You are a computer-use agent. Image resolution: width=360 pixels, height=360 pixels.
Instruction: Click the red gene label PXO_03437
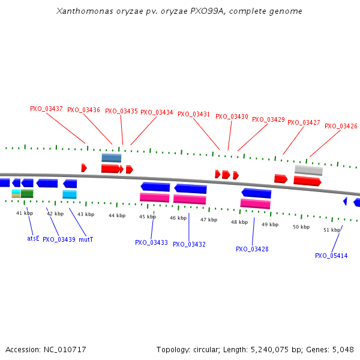46,109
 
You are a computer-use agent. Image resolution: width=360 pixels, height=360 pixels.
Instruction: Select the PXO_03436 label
83,110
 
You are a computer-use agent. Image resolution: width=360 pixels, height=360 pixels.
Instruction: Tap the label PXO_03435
121,112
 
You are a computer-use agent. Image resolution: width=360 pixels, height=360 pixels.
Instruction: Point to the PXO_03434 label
157,113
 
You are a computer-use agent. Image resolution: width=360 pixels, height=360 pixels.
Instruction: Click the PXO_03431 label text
194,115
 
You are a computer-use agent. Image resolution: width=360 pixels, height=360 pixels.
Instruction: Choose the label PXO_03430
232,117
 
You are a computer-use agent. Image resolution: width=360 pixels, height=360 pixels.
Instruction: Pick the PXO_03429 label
268,120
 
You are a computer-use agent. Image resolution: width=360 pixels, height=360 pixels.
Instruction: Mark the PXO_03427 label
304,123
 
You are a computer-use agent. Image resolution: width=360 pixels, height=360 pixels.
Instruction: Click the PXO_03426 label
341,127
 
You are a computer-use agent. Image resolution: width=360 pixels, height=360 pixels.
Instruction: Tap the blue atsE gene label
33,238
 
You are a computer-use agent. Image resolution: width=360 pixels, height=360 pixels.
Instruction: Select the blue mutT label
86,239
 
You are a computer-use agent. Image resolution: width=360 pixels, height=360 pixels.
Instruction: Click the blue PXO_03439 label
59,239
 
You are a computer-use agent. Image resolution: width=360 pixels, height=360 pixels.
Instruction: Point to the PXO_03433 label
151,243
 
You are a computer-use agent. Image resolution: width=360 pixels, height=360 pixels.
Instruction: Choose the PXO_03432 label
189,245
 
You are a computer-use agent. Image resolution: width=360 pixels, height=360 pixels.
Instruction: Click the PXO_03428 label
252,249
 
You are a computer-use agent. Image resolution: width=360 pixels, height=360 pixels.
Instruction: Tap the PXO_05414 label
331,256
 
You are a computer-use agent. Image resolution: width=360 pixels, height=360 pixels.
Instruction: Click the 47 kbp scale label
209,220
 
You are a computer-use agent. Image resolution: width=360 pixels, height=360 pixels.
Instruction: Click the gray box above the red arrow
308,170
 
